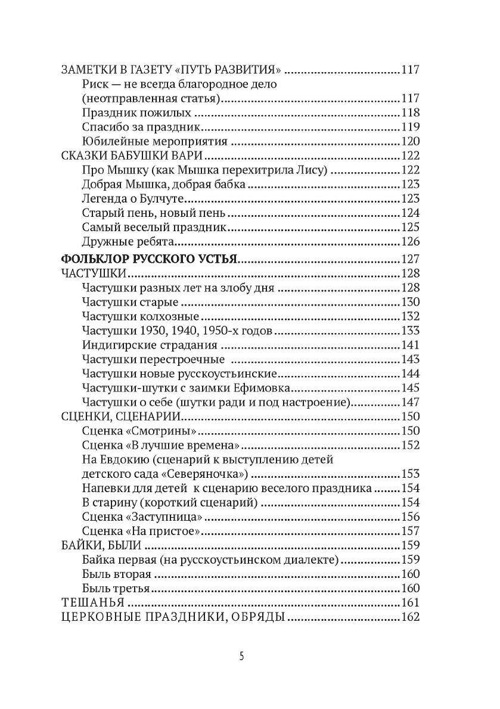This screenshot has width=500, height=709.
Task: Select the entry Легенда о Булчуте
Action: coord(132,199)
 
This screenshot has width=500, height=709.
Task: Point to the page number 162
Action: coord(411,617)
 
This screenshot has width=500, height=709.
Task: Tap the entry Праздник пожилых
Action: coord(137,113)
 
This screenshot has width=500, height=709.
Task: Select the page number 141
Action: coord(411,345)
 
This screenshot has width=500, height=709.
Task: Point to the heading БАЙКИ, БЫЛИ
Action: coord(101,545)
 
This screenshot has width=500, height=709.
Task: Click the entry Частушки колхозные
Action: coord(141,316)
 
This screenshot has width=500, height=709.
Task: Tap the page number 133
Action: coord(411,331)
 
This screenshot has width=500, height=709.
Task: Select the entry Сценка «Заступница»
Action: coord(147,517)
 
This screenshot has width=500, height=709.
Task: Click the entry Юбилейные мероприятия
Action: coord(156,141)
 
